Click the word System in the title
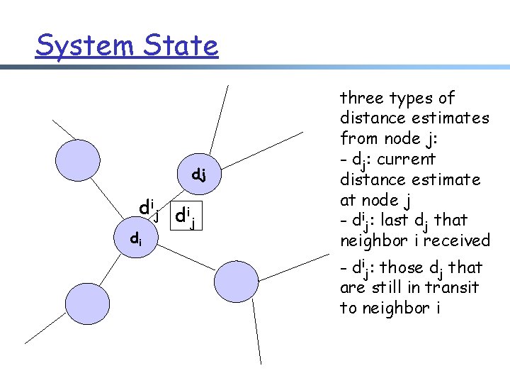(x=76, y=45)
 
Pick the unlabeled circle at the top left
(x=77, y=157)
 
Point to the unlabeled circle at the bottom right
(x=236, y=282)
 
